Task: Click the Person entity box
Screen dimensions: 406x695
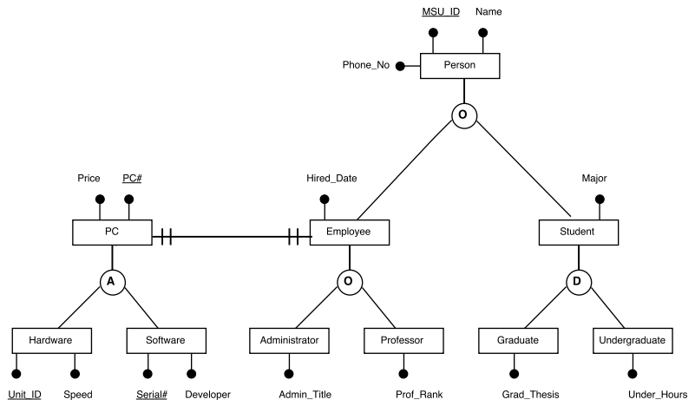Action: point(460,65)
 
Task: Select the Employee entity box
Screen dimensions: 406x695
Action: point(349,232)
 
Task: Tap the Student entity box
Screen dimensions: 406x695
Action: point(579,232)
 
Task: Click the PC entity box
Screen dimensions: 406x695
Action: point(111,232)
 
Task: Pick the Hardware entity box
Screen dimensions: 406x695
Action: point(54,340)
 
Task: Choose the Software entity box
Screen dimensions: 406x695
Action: point(167,340)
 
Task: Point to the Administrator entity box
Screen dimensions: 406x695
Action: point(290,340)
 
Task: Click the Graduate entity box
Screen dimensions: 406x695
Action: point(519,340)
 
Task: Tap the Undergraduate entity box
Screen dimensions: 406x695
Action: point(633,340)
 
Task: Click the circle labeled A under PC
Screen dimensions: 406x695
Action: point(111,281)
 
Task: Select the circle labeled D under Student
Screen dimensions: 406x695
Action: point(579,281)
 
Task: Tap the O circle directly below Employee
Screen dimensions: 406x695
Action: point(350,281)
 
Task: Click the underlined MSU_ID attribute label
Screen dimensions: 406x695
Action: point(441,12)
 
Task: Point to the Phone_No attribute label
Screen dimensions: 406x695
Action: point(366,65)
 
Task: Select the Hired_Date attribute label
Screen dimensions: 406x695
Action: point(331,178)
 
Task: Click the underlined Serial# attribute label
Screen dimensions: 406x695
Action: point(152,394)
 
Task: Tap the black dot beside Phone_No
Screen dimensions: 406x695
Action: point(401,66)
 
